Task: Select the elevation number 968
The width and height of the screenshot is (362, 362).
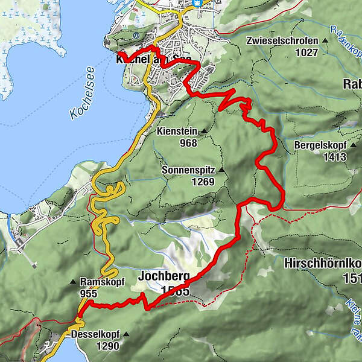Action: point(188,143)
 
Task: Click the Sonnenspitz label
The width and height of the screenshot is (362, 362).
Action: point(188,171)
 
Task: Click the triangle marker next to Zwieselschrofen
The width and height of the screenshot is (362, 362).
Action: point(326,41)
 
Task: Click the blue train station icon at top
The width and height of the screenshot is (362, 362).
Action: point(197,3)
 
